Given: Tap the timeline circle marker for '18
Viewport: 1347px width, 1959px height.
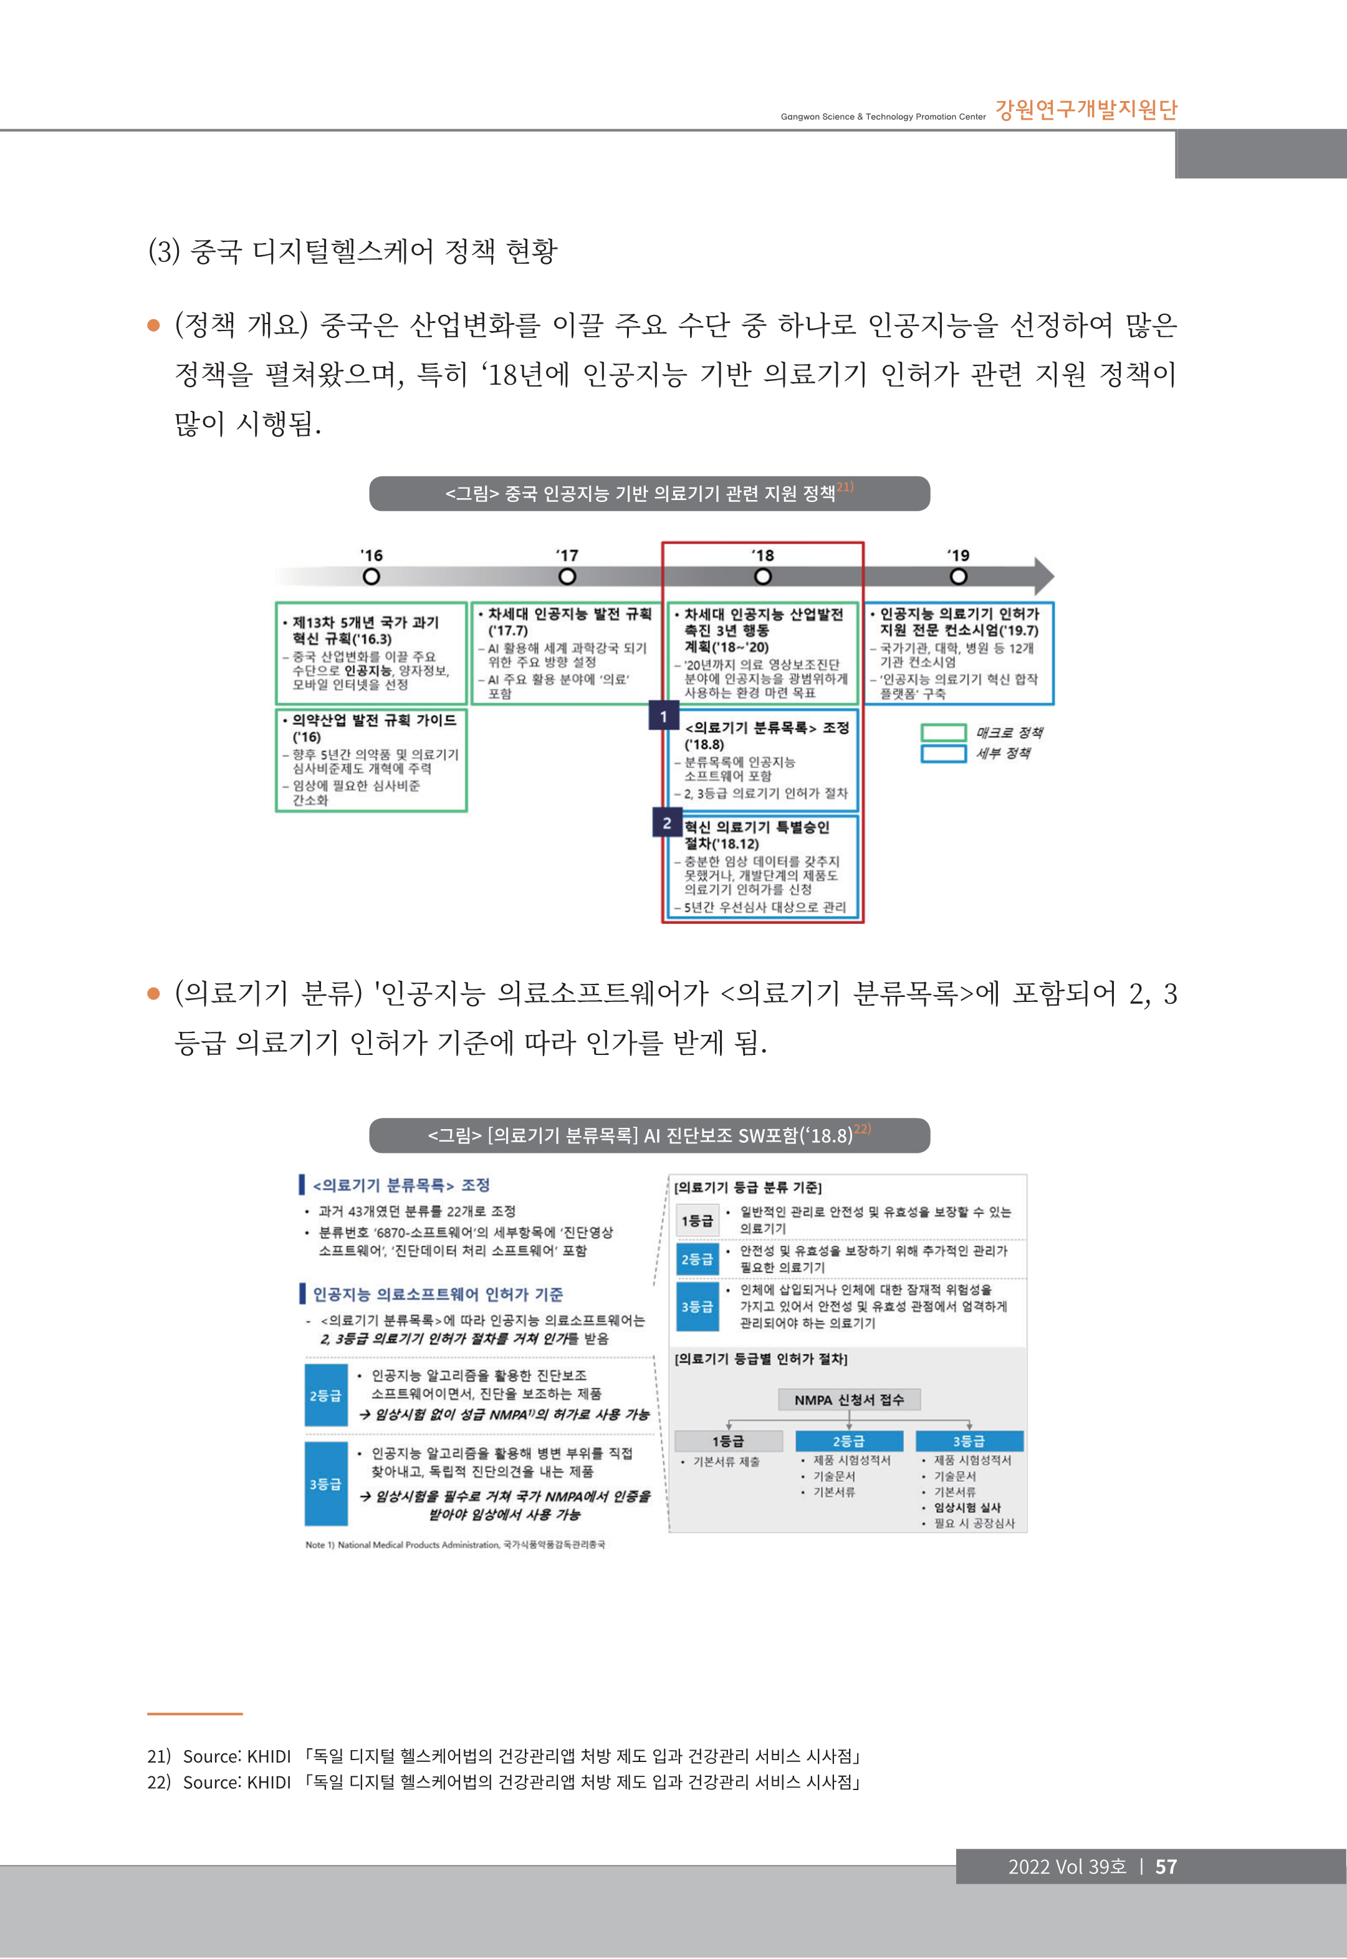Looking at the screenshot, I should tap(762, 577).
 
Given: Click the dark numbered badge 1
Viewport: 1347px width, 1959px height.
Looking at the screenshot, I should tap(663, 716).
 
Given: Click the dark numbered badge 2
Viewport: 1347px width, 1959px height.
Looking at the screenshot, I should tap(667, 823).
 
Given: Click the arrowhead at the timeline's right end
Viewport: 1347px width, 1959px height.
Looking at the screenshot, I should tap(1044, 577).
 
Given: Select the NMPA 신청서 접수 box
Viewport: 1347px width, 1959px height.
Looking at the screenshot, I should tap(848, 1399).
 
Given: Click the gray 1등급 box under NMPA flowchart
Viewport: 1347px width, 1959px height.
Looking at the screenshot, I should tap(729, 1441).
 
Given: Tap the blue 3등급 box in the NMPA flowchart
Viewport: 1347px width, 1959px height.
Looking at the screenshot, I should tap(969, 1441).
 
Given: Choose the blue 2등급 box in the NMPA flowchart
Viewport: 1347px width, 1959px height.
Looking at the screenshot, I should tap(848, 1441).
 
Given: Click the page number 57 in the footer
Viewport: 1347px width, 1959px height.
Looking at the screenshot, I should tap(1166, 1866).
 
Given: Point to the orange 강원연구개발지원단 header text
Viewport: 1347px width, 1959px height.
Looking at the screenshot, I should tap(1086, 110).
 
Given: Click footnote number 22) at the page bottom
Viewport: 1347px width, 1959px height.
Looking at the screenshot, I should tap(159, 1782).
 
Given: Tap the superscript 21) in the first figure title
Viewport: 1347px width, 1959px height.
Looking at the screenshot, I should tap(845, 487).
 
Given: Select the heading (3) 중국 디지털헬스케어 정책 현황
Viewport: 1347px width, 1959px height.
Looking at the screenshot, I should tap(353, 251).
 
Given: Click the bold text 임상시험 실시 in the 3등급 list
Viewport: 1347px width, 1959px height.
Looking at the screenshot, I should tap(967, 1508).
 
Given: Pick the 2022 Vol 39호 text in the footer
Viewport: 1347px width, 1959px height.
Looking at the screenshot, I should tap(1067, 1866).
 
